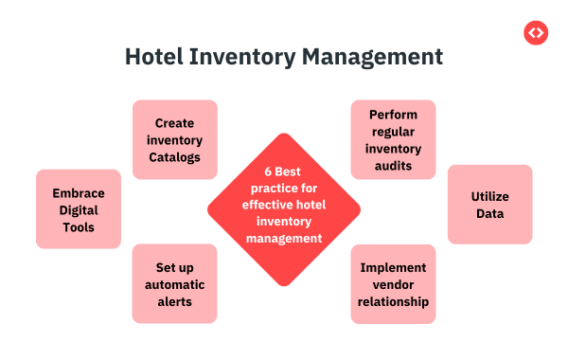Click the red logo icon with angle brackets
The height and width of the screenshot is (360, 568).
coord(536,32)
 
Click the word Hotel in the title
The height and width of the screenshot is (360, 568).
coord(154,57)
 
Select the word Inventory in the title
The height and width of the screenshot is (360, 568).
coord(242,57)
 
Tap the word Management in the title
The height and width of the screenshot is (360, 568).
coord(372,57)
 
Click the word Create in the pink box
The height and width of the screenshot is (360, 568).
coord(174,123)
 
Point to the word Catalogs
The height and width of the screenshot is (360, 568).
coord(174,157)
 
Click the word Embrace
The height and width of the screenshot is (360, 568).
coord(79,193)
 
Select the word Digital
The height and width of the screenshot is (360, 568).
coord(79,210)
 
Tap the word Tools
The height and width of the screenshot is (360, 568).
coord(79,227)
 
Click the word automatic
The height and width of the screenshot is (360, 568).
coord(174,284)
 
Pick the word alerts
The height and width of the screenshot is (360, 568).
coord(174,301)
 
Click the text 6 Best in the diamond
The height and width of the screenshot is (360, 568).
coord(282,171)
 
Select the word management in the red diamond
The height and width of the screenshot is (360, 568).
coord(284,239)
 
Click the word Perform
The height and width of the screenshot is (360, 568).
coord(394,115)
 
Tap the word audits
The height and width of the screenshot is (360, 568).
coord(394,166)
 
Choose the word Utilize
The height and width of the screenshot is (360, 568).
coord(490,196)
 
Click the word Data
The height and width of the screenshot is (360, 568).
coord(490,213)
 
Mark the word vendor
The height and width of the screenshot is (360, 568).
coord(394,285)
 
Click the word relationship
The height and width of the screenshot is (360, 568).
coord(394,302)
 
